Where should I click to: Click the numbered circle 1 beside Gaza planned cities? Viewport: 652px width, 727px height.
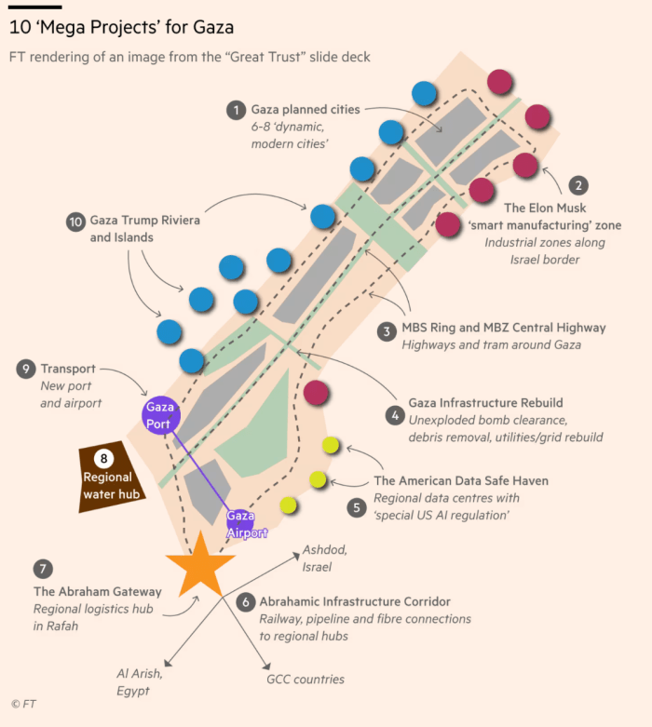click(236, 110)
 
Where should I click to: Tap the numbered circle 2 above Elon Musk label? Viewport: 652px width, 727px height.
click(578, 185)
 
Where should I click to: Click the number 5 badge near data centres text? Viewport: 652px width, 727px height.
click(357, 507)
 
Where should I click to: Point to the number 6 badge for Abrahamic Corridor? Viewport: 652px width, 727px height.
click(245, 602)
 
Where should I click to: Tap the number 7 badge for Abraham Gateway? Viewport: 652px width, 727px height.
click(41, 569)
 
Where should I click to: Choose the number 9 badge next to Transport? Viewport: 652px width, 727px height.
click(25, 370)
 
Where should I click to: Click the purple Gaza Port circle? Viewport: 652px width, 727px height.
click(159, 415)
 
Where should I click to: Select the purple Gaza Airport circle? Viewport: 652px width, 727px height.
click(240, 524)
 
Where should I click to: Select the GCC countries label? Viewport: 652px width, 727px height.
click(305, 680)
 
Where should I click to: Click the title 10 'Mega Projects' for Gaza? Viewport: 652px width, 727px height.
click(121, 28)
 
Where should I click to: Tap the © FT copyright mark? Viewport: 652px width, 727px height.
click(22, 705)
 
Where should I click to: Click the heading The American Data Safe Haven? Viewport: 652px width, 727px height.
click(460, 481)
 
